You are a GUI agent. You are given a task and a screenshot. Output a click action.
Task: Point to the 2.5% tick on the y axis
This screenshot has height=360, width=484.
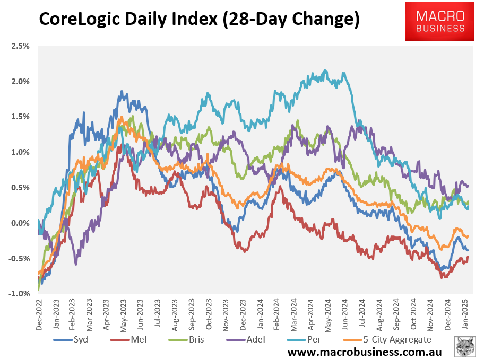tap(19, 46)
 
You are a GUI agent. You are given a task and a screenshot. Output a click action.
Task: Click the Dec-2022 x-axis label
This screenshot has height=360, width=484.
tap(38, 316)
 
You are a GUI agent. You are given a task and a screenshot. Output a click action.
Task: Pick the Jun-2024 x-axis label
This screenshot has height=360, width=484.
tap(345, 316)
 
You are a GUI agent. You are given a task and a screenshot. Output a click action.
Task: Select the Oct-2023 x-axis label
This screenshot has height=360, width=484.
tap(209, 316)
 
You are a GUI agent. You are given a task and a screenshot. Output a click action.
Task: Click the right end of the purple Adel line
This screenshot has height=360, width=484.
tap(468, 185)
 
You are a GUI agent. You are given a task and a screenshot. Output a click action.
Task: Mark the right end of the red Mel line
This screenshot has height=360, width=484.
tap(468, 257)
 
